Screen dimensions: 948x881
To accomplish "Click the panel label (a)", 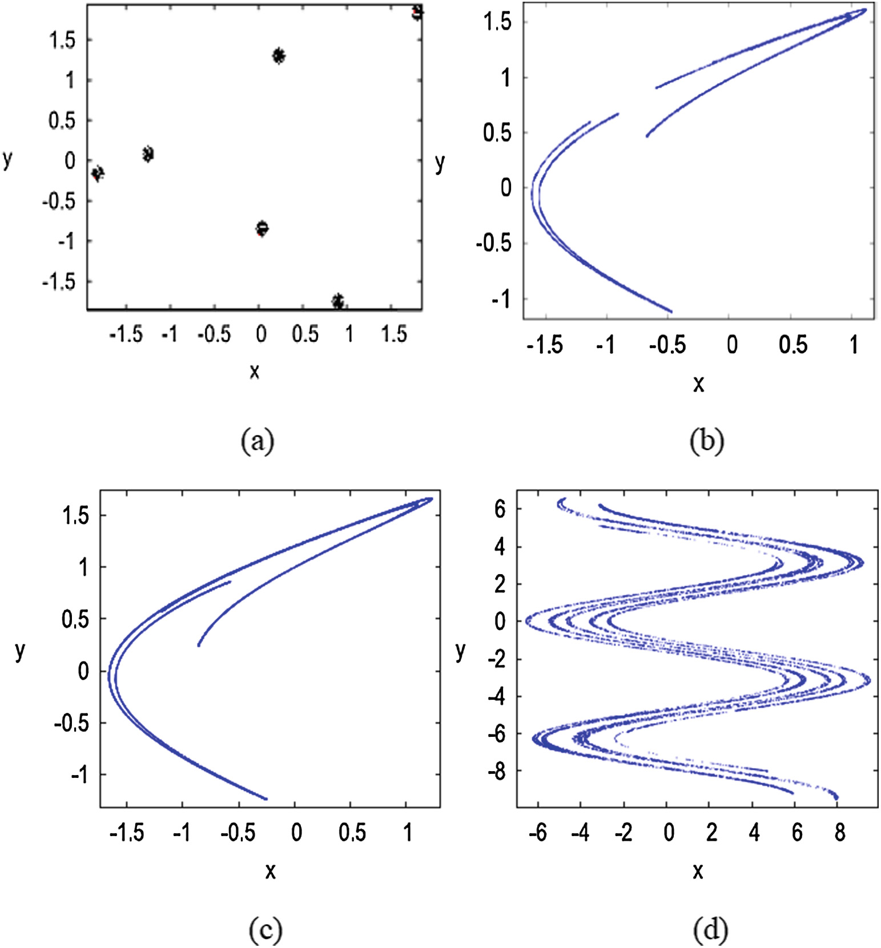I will [258, 441].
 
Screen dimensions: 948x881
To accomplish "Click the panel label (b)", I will [706, 441].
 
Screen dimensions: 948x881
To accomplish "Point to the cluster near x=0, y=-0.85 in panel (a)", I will [262, 228].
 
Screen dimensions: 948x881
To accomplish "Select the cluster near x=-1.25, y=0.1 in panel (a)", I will [148, 154].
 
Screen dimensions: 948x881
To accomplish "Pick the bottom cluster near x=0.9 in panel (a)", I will [338, 301].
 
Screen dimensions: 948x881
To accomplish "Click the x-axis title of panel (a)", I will [255, 372].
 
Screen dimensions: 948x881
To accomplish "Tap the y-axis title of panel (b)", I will [440, 163].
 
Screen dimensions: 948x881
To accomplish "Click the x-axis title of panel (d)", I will [698, 870].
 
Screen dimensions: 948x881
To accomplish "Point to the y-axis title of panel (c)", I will [20, 650].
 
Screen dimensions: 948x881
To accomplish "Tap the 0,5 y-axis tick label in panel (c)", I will [75, 619].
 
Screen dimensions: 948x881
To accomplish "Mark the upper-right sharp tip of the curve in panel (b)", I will [866, 10].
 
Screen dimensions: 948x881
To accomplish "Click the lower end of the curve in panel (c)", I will [265, 798].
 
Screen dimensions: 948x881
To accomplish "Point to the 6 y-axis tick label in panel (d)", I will [500, 509].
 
